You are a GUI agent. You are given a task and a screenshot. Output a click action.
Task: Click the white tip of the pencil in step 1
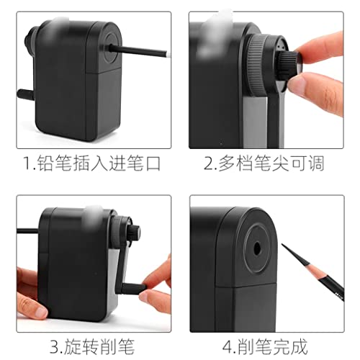(x=168, y=55)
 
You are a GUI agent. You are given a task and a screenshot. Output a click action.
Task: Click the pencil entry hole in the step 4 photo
(x=257, y=249)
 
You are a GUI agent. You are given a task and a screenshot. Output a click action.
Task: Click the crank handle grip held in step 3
(x=132, y=288)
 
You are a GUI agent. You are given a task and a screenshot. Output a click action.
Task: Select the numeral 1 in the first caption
(x=27, y=163)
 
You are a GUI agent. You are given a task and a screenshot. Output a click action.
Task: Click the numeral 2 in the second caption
(x=207, y=163)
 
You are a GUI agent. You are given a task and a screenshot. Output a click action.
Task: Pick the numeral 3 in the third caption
(x=55, y=346)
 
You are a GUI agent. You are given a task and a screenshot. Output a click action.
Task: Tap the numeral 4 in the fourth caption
(x=227, y=346)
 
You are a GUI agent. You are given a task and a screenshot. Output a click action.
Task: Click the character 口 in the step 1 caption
(x=153, y=163)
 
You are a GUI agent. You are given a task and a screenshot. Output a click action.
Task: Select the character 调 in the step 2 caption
(x=316, y=163)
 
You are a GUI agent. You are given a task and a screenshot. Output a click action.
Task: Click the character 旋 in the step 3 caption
(x=72, y=346)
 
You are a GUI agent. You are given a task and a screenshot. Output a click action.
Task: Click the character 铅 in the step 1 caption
(x=45, y=163)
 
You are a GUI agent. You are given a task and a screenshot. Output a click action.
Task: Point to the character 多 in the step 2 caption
(x=227, y=163)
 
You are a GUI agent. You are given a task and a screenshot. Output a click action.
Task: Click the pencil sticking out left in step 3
(x=27, y=231)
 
